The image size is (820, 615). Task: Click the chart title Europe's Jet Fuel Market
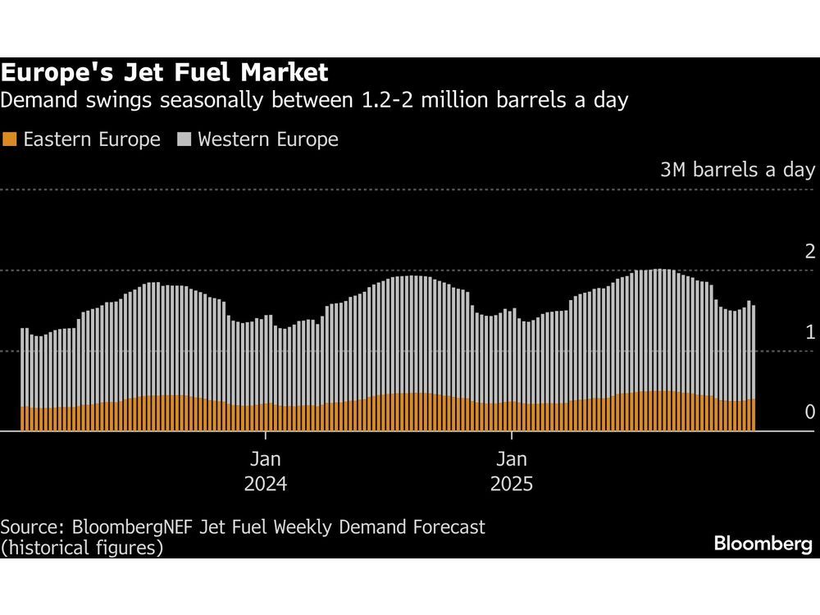164,73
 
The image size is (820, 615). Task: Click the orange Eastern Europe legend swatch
10,139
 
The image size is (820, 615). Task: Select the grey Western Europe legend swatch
184,139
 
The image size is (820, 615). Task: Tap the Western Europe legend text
267,139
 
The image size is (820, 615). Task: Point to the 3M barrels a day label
737,170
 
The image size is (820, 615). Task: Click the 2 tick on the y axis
809,251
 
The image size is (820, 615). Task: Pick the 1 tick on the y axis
809,332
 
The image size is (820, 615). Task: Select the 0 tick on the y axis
809,412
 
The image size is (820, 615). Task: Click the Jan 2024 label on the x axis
265,471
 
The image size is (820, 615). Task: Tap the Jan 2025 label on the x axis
511,471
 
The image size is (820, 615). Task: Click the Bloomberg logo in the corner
763,544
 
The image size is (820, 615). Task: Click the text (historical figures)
81,547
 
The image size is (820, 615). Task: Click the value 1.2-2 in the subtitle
395,101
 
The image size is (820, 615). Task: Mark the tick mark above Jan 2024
266,435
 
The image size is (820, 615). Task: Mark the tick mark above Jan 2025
512,435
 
